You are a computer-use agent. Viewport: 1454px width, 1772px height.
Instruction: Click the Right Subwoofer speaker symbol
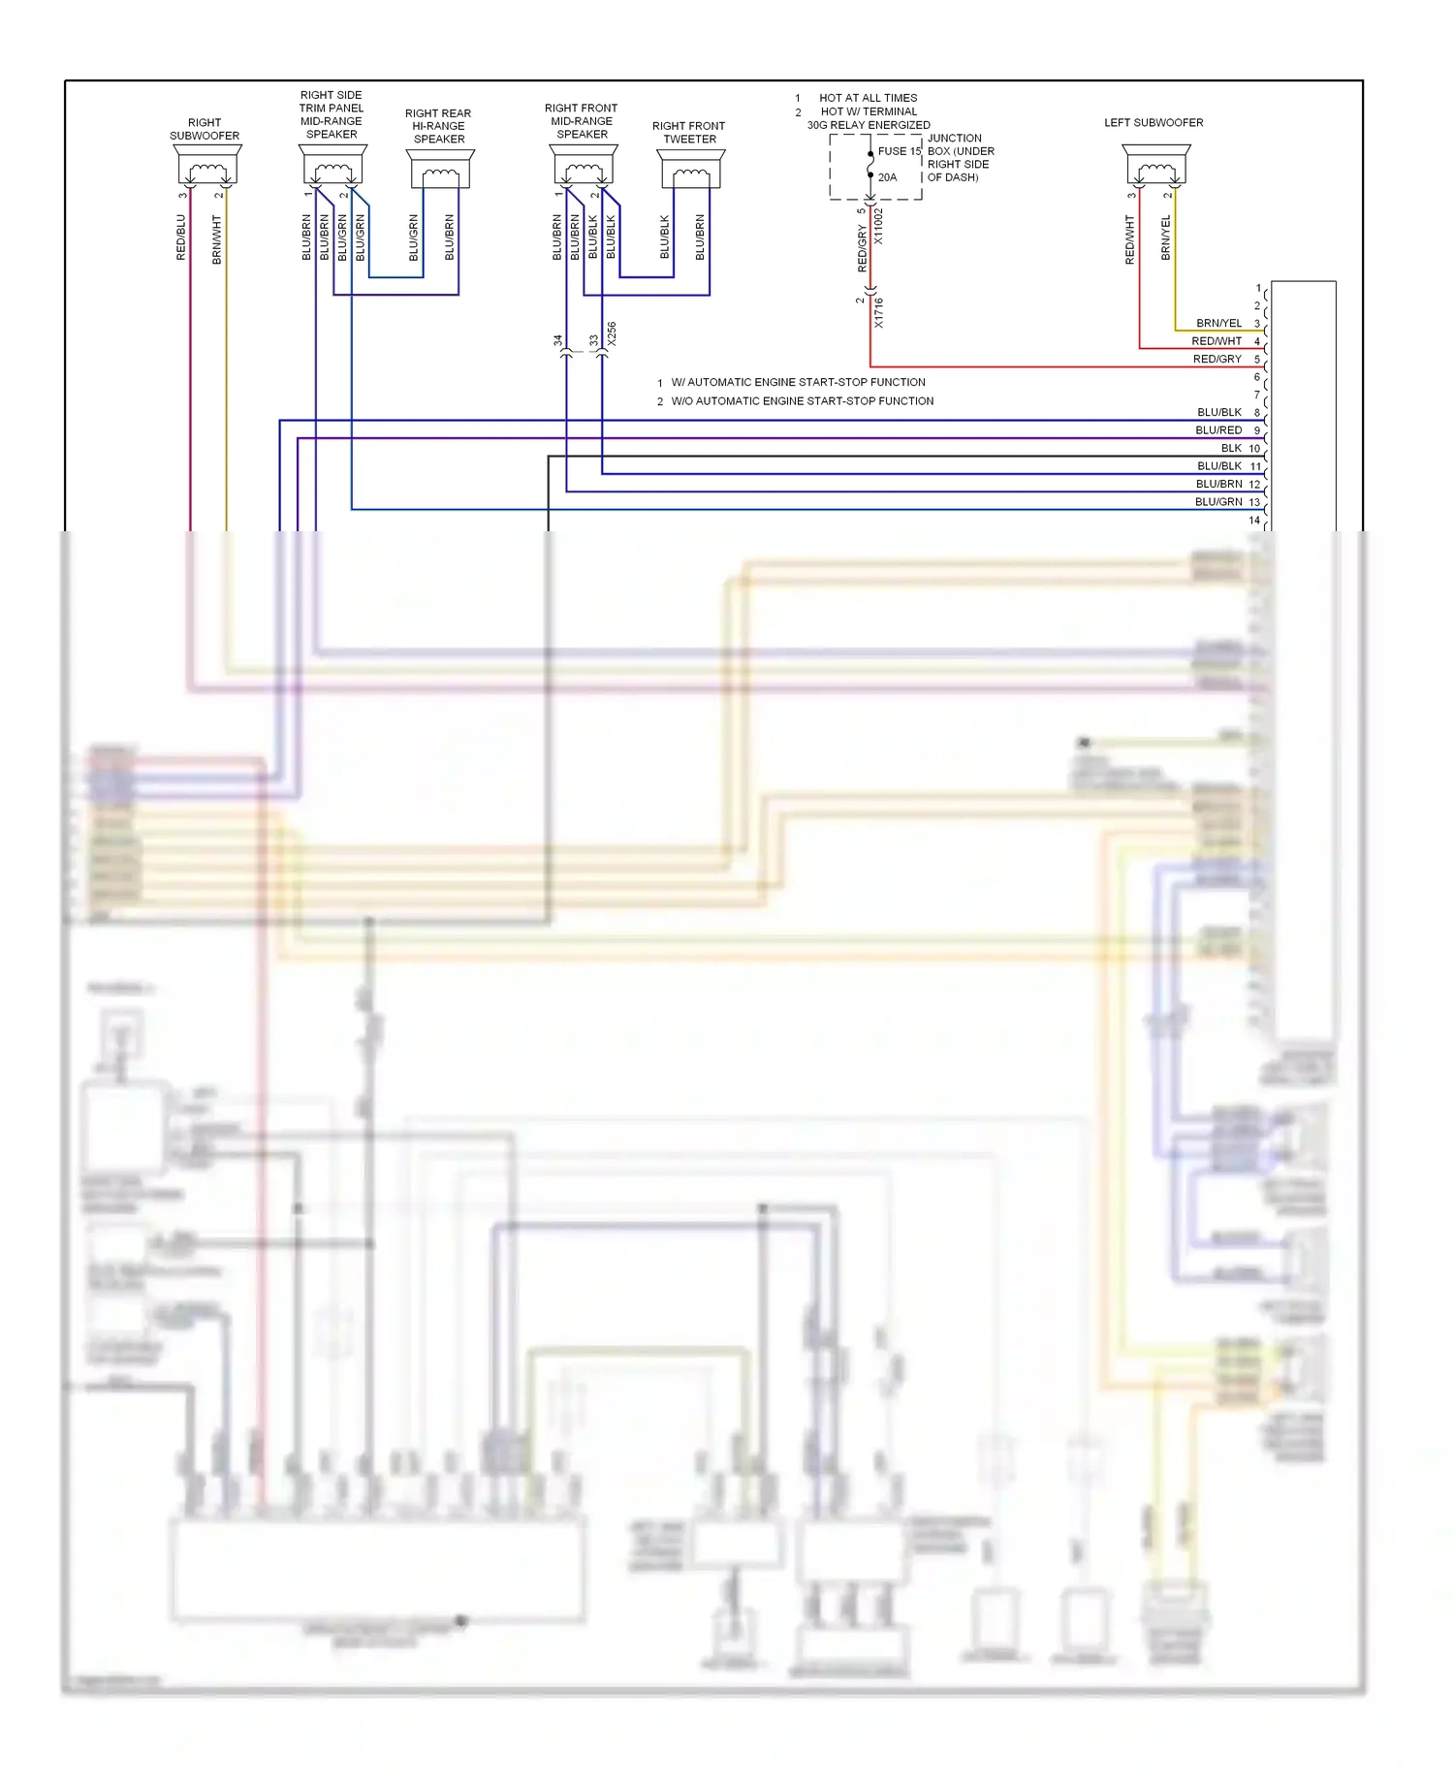(x=207, y=166)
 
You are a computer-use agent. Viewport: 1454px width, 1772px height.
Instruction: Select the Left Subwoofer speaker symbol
(x=1156, y=166)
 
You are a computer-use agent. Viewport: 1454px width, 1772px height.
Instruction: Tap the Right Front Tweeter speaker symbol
(x=690, y=170)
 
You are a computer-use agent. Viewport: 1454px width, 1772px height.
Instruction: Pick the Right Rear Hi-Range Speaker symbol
(x=440, y=170)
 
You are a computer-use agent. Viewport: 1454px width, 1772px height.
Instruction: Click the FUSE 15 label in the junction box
(x=899, y=151)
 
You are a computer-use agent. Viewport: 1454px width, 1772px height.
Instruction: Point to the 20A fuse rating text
(x=887, y=177)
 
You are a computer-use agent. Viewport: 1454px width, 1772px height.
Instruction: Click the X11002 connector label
(x=879, y=226)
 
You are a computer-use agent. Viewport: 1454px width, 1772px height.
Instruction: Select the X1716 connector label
(x=879, y=312)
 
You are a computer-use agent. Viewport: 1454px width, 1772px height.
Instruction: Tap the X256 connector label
(x=612, y=334)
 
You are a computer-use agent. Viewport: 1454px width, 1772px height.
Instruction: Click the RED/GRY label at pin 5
(x=1217, y=360)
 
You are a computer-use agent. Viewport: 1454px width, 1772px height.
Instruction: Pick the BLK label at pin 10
(x=1231, y=449)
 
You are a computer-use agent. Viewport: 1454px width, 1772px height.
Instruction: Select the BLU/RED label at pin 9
(x=1218, y=430)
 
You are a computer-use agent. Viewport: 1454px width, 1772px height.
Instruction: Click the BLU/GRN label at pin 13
(x=1218, y=502)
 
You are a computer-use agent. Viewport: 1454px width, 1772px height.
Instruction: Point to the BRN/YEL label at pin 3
(x=1218, y=324)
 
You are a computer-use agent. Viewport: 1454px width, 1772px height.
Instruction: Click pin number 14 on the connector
(x=1254, y=521)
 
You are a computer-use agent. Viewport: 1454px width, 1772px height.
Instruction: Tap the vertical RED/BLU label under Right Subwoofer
(x=181, y=237)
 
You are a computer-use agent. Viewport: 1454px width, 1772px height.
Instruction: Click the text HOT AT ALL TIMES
(x=868, y=98)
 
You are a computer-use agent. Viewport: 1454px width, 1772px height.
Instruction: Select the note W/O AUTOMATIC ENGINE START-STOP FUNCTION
(x=803, y=401)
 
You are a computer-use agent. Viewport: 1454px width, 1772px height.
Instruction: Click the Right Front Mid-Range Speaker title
(x=582, y=121)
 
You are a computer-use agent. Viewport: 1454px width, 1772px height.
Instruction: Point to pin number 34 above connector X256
(x=557, y=341)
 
